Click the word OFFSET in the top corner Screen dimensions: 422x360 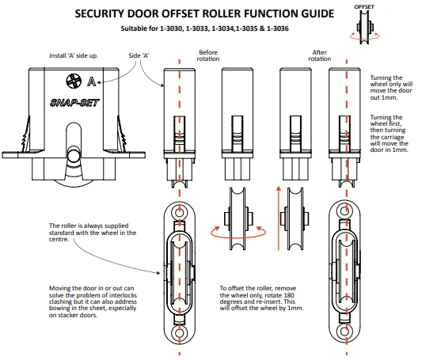364,6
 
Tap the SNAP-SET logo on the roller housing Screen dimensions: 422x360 74,103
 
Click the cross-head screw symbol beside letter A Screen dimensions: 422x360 74,81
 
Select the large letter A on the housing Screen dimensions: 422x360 92,81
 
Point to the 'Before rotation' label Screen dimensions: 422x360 208,55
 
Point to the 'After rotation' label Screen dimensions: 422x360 319,55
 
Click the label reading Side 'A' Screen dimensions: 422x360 139,55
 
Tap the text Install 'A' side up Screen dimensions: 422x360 74,55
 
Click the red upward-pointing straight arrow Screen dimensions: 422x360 279,218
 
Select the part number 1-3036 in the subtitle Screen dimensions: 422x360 278,28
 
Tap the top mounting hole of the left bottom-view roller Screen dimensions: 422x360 180,212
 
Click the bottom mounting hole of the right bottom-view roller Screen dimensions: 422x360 344,331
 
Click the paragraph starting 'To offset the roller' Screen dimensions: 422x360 261,298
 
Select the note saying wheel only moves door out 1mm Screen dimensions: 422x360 391,87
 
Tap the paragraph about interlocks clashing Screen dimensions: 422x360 93,301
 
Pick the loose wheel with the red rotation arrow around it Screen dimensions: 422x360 238,218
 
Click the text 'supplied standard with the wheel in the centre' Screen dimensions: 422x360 93,233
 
